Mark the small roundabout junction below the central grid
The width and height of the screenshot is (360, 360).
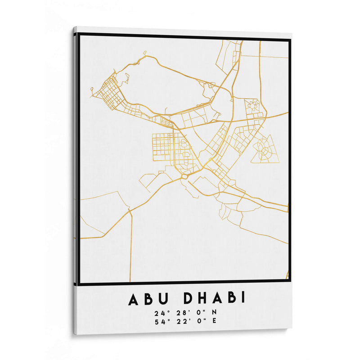pos(184,176)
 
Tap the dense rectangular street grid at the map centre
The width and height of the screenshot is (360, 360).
pos(162,147)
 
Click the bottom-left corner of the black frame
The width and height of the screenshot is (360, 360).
pos(79,284)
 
